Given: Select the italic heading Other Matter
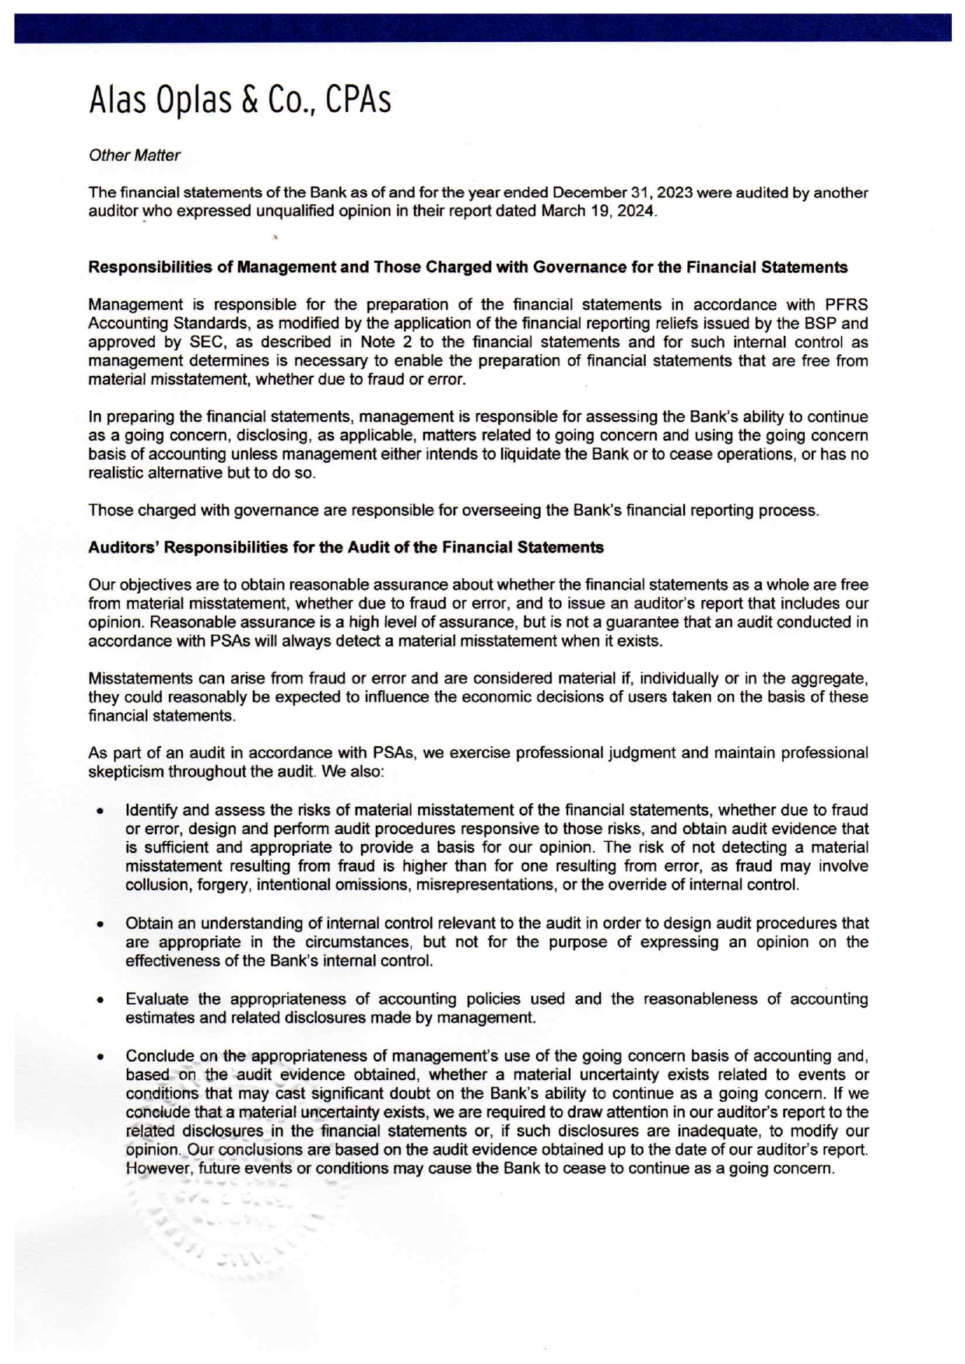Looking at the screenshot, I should point(134,156).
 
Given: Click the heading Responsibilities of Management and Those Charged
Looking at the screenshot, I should point(468,268).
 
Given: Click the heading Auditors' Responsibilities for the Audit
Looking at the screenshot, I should point(346,548).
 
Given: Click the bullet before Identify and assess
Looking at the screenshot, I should point(101,811).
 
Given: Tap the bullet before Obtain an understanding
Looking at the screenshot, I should point(101,924).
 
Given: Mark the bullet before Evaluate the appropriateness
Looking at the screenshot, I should point(101,1000).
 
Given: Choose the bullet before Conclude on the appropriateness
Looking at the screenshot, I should point(101,1057).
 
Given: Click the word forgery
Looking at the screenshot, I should point(223,885).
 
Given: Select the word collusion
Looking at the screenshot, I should point(156,885).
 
